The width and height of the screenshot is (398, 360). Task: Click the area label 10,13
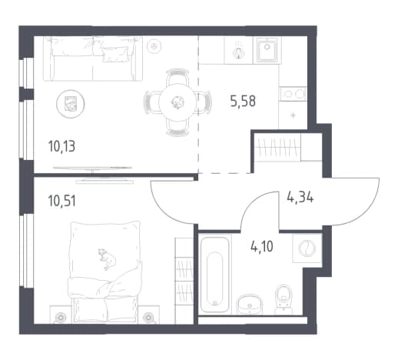click(61, 147)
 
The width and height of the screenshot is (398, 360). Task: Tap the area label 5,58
click(243, 101)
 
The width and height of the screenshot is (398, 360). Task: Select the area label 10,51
click(62, 201)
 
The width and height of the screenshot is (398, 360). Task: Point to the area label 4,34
click(300, 198)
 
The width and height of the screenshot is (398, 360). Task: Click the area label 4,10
click(262, 247)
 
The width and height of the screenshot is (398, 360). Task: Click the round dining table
click(177, 102)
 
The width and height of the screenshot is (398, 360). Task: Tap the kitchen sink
click(267, 50)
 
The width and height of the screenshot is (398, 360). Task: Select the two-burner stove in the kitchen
click(294, 94)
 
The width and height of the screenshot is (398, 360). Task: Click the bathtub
click(214, 274)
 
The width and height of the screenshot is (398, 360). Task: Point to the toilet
click(284, 298)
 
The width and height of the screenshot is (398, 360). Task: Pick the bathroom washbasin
click(250, 304)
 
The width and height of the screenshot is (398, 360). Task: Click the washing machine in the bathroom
click(307, 248)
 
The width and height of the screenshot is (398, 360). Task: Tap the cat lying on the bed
click(107, 258)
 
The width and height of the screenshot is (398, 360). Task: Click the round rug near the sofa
click(71, 104)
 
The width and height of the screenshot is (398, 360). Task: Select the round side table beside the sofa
click(154, 46)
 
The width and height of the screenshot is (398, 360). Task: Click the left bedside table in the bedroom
click(61, 315)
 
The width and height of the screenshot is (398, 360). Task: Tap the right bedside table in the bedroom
click(148, 315)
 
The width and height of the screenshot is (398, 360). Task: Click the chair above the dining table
click(177, 76)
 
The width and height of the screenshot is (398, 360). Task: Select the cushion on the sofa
click(115, 54)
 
